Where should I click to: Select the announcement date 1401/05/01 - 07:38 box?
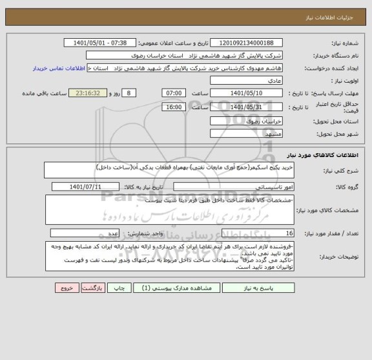[101, 44]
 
